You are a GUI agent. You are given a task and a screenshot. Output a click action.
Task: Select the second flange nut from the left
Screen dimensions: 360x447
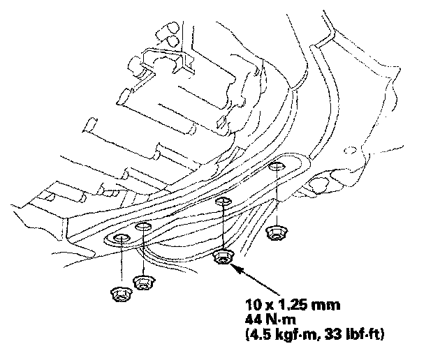tap(144, 283)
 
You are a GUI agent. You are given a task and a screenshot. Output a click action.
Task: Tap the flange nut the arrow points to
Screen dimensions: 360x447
tap(223, 257)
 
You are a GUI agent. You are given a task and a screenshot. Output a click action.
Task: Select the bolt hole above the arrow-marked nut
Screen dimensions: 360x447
tap(223, 202)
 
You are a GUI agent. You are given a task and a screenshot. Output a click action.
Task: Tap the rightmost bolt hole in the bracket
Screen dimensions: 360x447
tap(277, 167)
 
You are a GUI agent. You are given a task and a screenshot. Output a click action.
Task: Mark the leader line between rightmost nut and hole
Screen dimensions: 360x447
tap(277, 199)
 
